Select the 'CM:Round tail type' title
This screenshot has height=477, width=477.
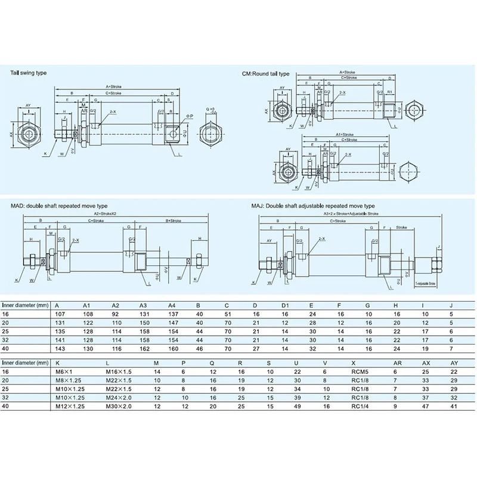[x=265, y=73]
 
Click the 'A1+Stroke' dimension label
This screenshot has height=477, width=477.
[x=344, y=135]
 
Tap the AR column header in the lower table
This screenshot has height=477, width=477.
[x=394, y=362]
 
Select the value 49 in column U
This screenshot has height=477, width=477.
[x=297, y=406]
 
